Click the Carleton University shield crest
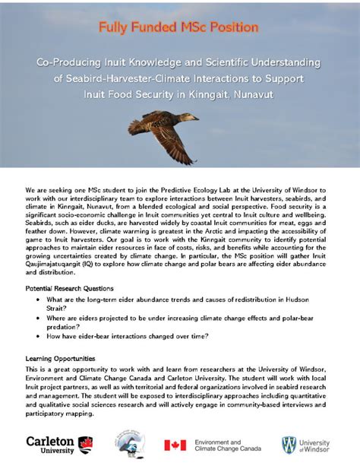click(x=86, y=444)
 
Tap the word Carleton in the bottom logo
click(x=50, y=441)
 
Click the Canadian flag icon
click(x=175, y=445)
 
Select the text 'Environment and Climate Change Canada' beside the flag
click(x=228, y=445)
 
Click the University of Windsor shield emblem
click(x=289, y=445)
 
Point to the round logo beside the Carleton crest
click(x=128, y=445)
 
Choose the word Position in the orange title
click(x=235, y=28)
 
